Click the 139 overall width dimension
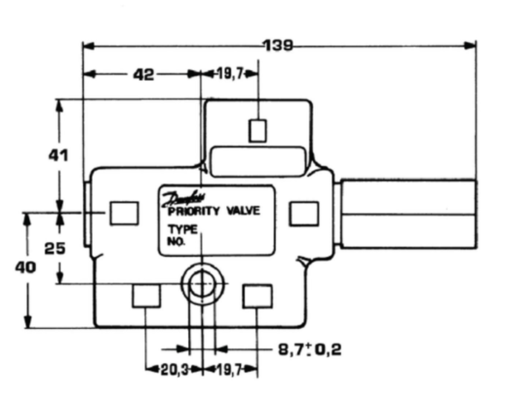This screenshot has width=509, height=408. click(279, 46)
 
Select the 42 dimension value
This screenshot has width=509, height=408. click(144, 75)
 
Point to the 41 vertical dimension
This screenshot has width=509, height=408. click(59, 155)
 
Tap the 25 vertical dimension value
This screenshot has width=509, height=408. click(55, 248)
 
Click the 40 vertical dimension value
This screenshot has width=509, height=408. click(25, 268)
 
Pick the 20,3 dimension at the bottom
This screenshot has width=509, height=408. click(175, 369)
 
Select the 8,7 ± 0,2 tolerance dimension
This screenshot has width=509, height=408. click(310, 350)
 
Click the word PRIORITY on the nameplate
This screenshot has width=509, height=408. click(194, 211)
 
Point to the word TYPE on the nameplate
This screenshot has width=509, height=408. click(183, 230)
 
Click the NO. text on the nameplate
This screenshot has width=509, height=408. click(176, 242)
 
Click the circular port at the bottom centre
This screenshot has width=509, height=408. click(202, 283)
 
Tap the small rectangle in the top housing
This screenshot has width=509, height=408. click(258, 131)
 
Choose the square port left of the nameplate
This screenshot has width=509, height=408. click(124, 213)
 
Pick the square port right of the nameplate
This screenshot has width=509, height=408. click(304, 213)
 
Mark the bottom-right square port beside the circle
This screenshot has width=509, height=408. click(258, 296)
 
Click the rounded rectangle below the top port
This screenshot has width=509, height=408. click(258, 162)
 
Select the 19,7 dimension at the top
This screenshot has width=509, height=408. click(230, 75)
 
